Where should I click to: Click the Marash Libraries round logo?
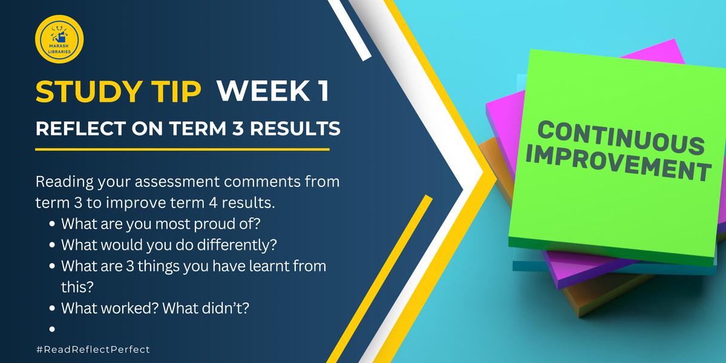59,39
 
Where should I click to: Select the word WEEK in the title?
264,91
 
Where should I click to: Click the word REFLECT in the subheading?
80,128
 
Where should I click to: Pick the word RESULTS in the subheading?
295,128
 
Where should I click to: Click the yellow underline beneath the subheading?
183,149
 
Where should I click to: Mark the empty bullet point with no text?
52,329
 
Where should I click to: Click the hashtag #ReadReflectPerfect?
93,350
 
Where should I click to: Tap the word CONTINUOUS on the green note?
621,138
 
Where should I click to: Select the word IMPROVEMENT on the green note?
618,164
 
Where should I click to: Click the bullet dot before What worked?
52,308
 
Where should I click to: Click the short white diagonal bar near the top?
350,30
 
